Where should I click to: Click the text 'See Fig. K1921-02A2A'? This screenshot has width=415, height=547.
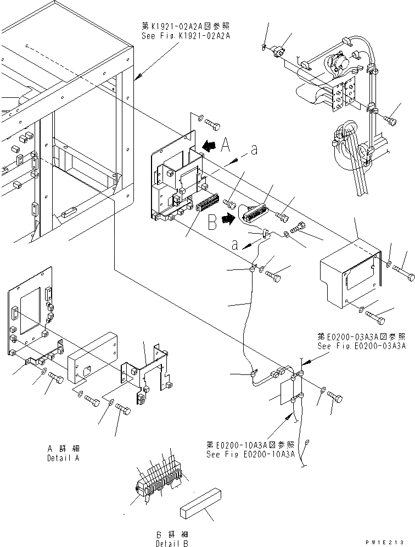tap(186, 35)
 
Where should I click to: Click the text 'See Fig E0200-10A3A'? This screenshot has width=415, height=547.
tap(251, 455)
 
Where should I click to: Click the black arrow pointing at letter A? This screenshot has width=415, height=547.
tap(207, 146)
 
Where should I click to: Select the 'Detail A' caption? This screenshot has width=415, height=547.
tap(63, 458)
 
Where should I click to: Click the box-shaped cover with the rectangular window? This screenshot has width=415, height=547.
tap(350, 275)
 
